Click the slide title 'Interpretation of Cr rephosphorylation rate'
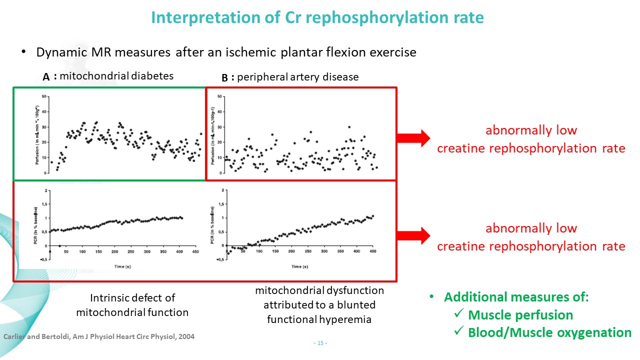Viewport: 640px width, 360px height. tap(317, 18)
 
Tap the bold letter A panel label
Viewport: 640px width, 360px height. tap(46, 77)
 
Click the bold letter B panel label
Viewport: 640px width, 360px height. tap(225, 78)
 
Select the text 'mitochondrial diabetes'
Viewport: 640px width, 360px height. tap(116, 76)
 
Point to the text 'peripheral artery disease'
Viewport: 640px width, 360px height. tap(298, 77)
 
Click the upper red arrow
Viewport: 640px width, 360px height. tap(413, 137)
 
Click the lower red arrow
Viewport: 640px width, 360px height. tap(413, 235)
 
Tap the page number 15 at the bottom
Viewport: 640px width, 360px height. tap(319, 343)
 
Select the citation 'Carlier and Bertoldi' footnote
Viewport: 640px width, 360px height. tap(99, 336)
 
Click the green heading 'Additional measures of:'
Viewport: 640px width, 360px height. tap(516, 297)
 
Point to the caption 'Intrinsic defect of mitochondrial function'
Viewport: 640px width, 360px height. tap(132, 305)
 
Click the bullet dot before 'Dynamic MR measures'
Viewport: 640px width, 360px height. tap(23, 52)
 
